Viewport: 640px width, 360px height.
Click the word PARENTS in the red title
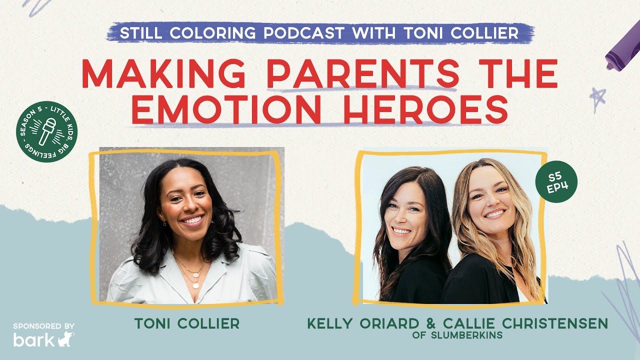coord(363,74)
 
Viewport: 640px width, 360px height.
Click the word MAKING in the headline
coord(169,74)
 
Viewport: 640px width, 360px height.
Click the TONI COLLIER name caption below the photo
coord(186,324)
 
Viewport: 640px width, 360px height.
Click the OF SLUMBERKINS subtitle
coord(457,335)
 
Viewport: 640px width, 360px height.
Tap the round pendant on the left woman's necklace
coord(195,285)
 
